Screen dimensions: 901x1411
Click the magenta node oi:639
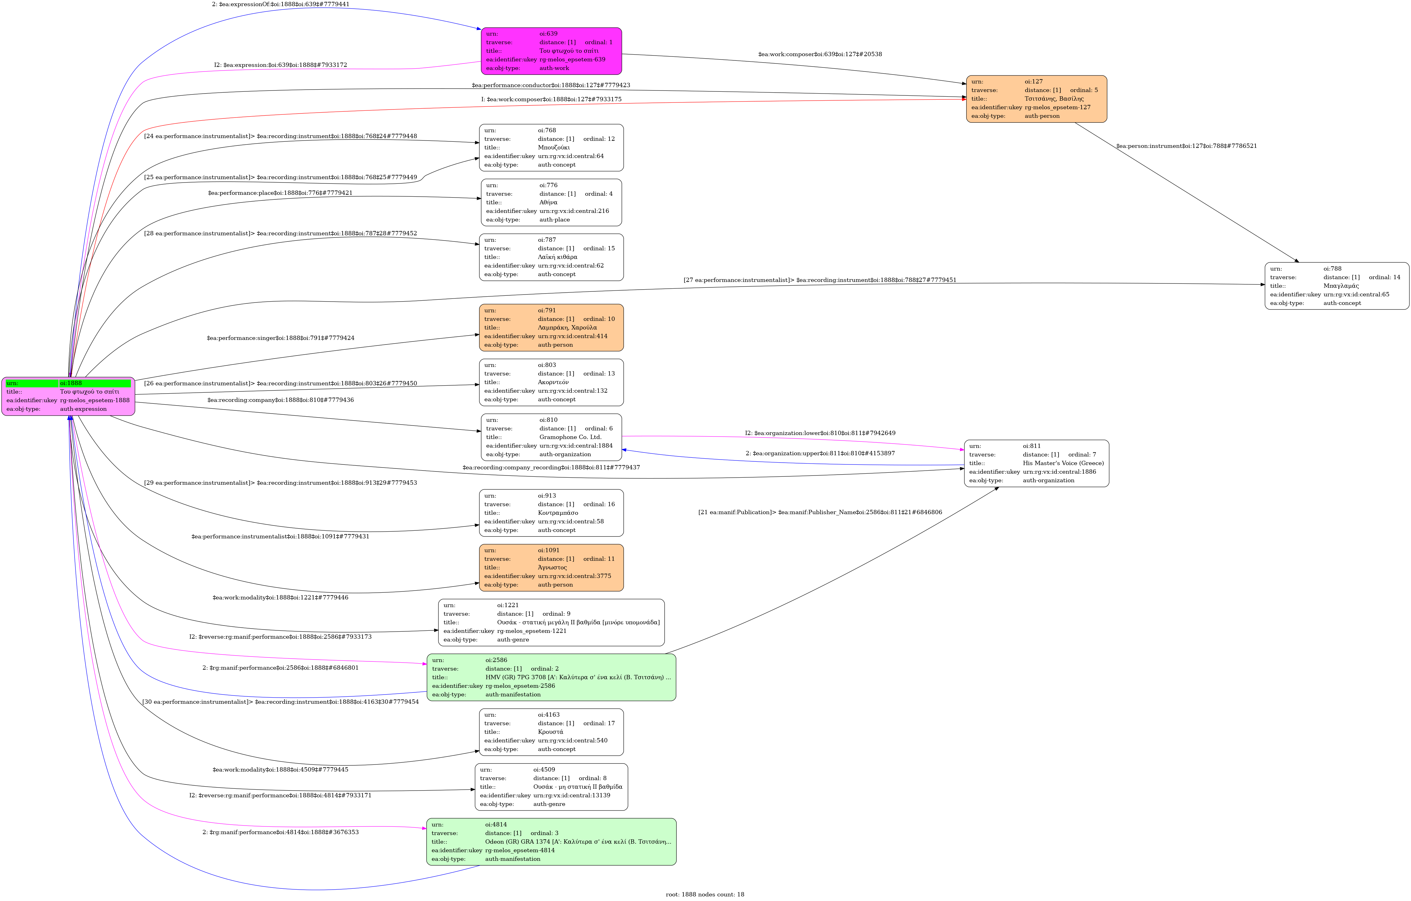pyautogui.click(x=551, y=51)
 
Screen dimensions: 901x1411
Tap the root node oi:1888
pyautogui.click(x=68, y=396)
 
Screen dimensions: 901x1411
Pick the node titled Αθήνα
pyautogui.click(x=551, y=202)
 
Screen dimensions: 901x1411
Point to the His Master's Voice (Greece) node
pyautogui.click(x=1036, y=463)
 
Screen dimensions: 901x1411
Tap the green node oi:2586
pyautogui.click(x=551, y=677)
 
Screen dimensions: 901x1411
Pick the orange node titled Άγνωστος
pyautogui.click(x=551, y=568)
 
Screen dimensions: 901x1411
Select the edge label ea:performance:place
pyautogui.click(x=280, y=193)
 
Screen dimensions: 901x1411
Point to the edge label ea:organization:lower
pyautogui.click(x=820, y=433)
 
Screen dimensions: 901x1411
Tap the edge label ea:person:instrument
pyautogui.click(x=1186, y=146)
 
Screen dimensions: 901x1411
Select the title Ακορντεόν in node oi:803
pyautogui.click(x=552, y=382)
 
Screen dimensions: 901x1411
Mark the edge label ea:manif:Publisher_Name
pyautogui.click(x=820, y=512)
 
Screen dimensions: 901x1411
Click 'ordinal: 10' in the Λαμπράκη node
pyautogui.click(x=599, y=319)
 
